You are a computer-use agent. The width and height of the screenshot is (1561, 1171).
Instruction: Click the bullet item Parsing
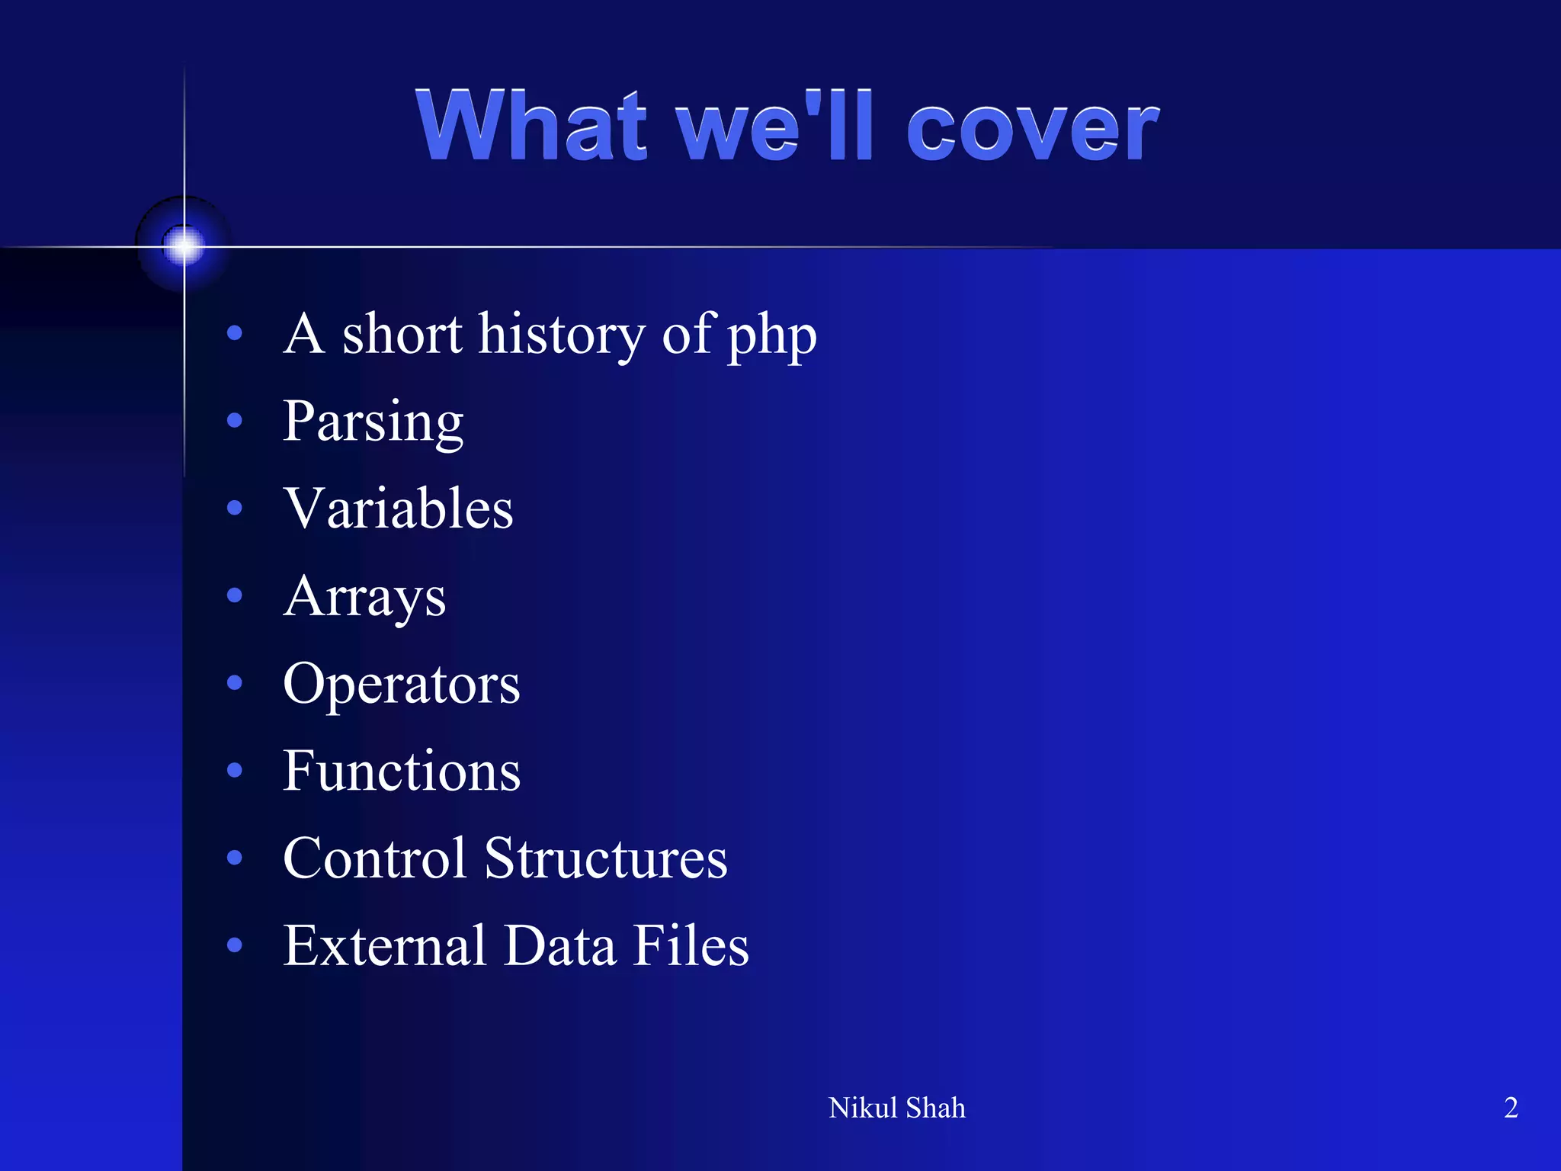coord(373,422)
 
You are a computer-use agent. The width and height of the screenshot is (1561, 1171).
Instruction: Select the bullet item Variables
coord(398,509)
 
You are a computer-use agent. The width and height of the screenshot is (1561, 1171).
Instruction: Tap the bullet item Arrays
coord(364,597)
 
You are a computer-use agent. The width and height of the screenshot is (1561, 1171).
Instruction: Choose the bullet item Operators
coord(401,684)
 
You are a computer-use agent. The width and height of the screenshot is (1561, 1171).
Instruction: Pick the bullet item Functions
coord(401,771)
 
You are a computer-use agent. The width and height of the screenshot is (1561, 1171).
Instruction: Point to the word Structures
coord(606,858)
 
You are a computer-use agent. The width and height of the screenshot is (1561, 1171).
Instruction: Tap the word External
coord(385,945)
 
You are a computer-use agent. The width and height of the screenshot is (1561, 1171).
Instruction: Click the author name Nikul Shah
coord(896,1108)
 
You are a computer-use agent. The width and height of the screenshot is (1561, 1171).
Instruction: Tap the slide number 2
coord(1511,1108)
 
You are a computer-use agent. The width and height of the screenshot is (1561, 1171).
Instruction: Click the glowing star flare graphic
coord(184,245)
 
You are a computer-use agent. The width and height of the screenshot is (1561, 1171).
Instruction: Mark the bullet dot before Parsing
coord(235,420)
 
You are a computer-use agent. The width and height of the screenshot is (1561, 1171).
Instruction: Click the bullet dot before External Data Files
coord(235,945)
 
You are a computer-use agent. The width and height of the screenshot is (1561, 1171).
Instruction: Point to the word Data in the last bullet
coord(560,945)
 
